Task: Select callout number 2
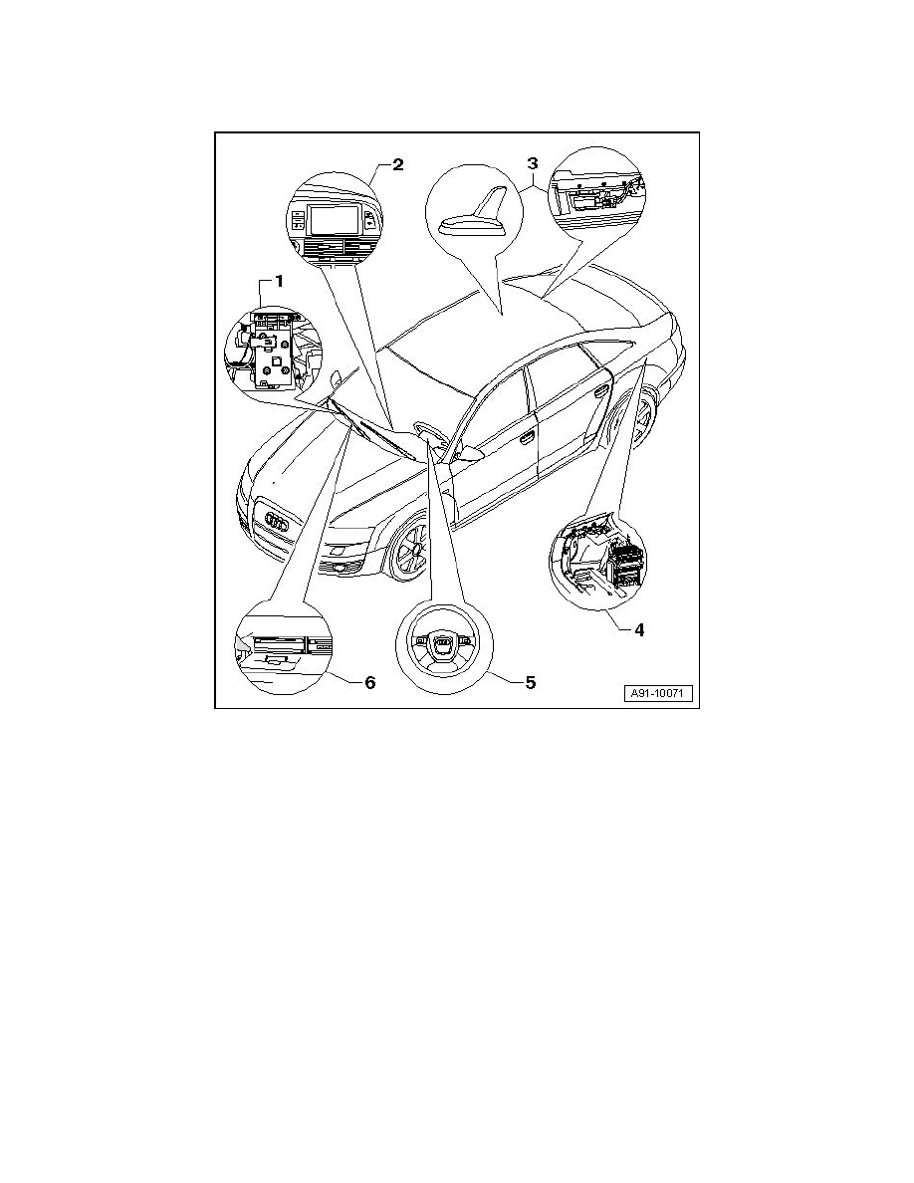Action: [x=397, y=164]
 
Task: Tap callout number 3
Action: [x=532, y=162]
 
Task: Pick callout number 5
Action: [x=530, y=683]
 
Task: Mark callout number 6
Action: [x=368, y=683]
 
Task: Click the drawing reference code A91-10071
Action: [x=659, y=693]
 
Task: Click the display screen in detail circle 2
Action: [x=329, y=220]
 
